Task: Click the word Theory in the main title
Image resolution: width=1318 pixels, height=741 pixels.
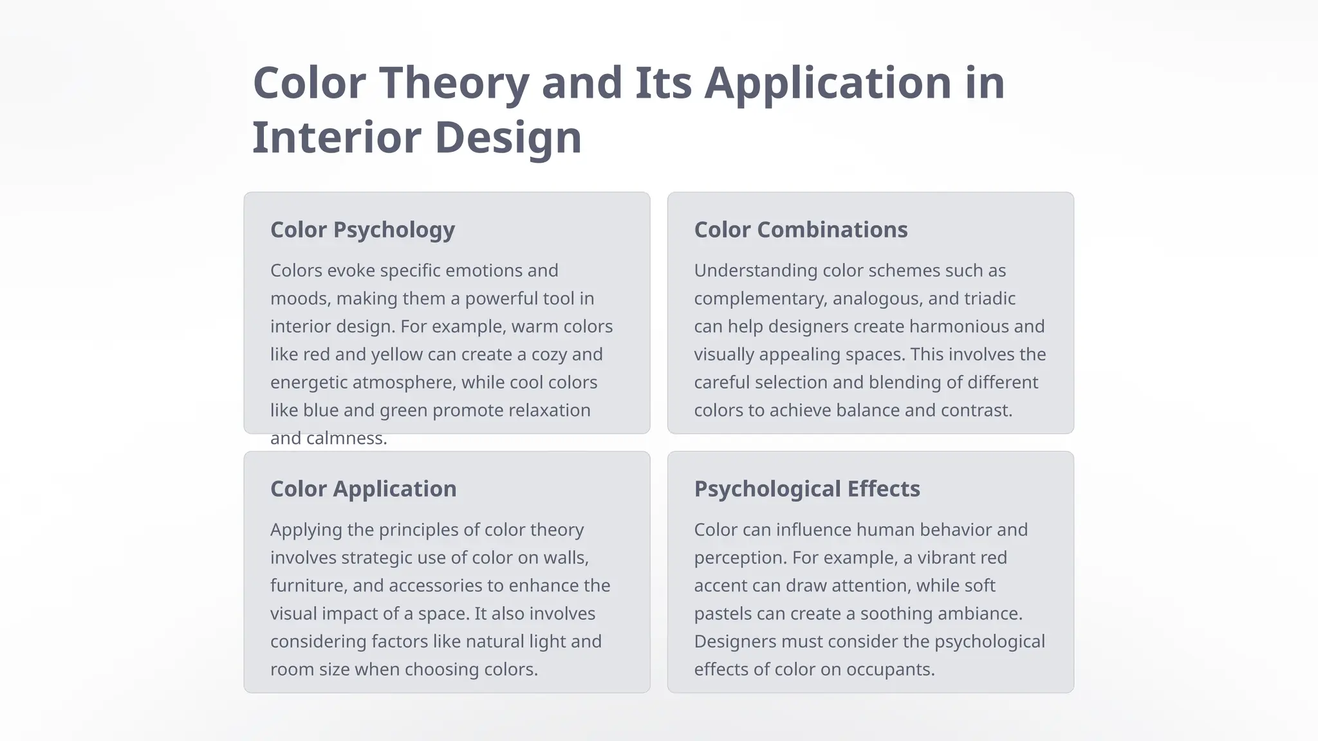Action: point(454,84)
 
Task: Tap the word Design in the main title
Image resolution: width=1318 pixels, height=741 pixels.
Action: point(508,138)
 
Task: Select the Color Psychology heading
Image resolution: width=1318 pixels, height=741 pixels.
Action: point(362,230)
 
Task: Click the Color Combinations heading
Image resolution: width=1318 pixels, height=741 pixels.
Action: point(801,230)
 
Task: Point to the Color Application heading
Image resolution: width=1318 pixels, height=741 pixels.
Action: point(363,489)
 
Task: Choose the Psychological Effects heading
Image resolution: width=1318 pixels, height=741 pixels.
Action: point(807,489)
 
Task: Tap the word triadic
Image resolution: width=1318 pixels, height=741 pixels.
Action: point(989,298)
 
